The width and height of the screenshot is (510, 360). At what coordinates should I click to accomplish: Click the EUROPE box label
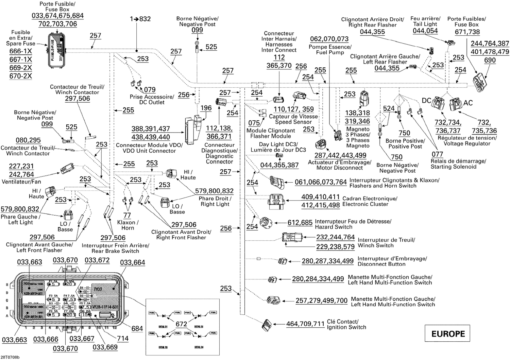pos(448,333)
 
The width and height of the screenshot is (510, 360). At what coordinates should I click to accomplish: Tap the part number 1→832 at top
pos(140,19)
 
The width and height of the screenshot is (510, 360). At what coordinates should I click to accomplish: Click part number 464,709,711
pos(305,324)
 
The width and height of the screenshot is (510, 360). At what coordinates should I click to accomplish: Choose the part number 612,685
pos(300,223)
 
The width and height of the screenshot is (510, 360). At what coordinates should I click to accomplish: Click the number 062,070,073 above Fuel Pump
pos(329,39)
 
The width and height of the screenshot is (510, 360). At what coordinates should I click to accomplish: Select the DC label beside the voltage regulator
pos(426,101)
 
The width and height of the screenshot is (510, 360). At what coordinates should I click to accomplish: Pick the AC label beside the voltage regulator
pos(468,103)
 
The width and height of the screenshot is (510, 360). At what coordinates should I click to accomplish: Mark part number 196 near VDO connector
pos(206,108)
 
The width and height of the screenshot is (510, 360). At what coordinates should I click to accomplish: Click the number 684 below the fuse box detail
pos(137,328)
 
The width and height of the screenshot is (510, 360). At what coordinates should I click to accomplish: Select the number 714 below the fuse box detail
pos(123,338)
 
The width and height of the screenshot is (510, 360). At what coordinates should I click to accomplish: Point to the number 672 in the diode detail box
pos(181,324)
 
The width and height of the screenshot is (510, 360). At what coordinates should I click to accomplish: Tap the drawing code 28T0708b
pos(11,357)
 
